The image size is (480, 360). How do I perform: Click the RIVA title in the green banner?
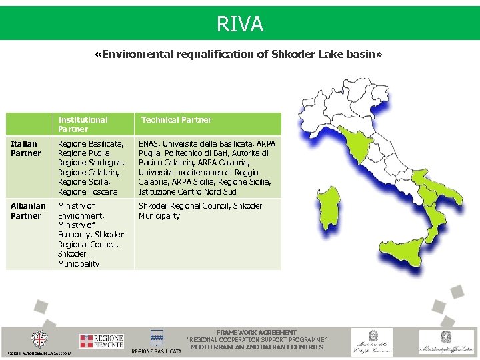[x=240, y=25]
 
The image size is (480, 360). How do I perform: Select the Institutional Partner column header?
[x=83, y=124]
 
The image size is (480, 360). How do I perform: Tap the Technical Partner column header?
[x=176, y=120]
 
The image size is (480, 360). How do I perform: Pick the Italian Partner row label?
[x=26, y=148]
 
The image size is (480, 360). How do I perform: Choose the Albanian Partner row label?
[x=29, y=211]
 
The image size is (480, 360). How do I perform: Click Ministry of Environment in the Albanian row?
[x=81, y=211]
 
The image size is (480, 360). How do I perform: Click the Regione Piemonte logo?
[x=101, y=341]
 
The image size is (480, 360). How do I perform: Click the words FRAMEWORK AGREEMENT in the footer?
[x=257, y=332]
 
